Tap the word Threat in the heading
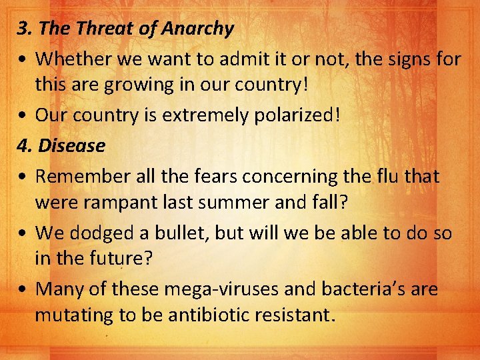tap(99, 29)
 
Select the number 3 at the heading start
tap(23, 29)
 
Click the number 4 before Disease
tap(24, 145)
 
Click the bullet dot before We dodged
tap(23, 234)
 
